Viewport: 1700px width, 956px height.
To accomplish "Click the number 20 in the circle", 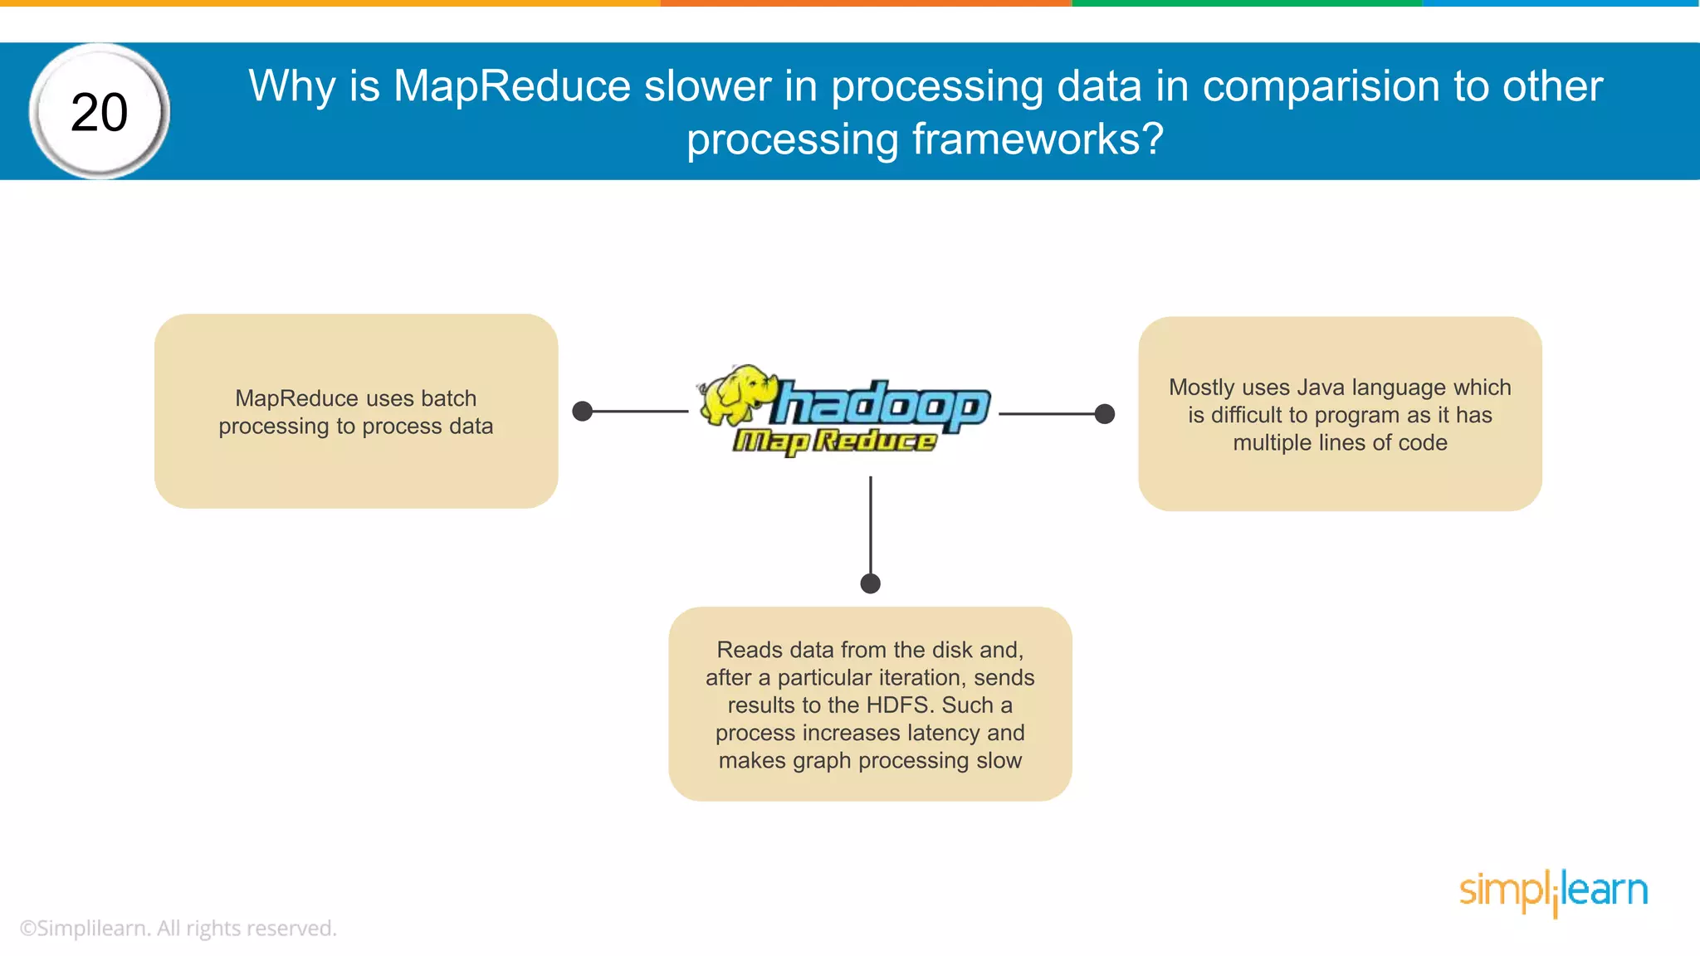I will pyautogui.click(x=100, y=113).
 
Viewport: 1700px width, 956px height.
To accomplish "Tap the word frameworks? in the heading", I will pyautogui.click(x=1038, y=139).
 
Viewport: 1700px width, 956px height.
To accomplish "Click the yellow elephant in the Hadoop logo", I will pyautogui.click(x=734, y=396).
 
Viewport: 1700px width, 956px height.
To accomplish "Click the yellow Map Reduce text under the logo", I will pyautogui.click(x=834, y=441).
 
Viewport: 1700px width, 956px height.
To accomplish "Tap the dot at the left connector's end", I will pyautogui.click(x=583, y=411).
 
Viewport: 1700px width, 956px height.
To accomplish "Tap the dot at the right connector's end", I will pyautogui.click(x=1105, y=413).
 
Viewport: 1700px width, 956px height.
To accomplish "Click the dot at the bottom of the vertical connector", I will pyautogui.click(x=870, y=583).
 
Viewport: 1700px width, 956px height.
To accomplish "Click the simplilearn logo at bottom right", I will pyautogui.click(x=1553, y=891).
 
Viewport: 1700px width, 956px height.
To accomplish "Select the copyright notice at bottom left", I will pyautogui.click(x=178, y=928).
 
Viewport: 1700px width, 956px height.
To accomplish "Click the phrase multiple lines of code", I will pyautogui.click(x=1340, y=443).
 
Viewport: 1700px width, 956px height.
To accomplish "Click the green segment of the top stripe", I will pyautogui.click(x=1247, y=3).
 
